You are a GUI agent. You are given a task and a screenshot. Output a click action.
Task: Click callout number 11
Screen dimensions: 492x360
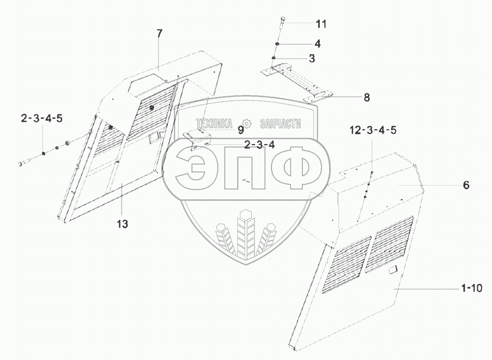pyautogui.click(x=321, y=24)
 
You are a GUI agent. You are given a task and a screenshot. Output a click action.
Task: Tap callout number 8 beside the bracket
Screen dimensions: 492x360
pyautogui.click(x=366, y=97)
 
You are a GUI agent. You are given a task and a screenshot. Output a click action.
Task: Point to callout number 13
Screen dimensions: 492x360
pyautogui.click(x=122, y=224)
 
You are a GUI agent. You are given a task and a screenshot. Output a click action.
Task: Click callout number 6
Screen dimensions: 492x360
pyautogui.click(x=466, y=185)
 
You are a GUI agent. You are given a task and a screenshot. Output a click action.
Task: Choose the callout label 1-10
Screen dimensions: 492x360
pyautogui.click(x=471, y=288)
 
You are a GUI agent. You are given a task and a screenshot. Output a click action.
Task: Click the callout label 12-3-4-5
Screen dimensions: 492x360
pyautogui.click(x=373, y=130)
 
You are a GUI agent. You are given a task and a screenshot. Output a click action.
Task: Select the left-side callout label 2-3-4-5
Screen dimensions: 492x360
pyautogui.click(x=42, y=119)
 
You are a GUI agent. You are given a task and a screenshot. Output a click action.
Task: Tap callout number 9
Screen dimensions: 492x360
pyautogui.click(x=240, y=130)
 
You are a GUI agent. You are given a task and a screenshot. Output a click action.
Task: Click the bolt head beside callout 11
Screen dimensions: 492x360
pyautogui.click(x=283, y=20)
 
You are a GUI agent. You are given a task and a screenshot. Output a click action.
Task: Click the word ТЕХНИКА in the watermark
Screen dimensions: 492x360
pyautogui.click(x=214, y=124)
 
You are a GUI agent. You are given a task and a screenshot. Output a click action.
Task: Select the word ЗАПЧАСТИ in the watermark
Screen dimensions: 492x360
pyautogui.click(x=280, y=124)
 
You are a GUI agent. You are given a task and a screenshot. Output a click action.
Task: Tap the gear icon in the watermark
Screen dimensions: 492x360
pyautogui.click(x=247, y=124)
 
